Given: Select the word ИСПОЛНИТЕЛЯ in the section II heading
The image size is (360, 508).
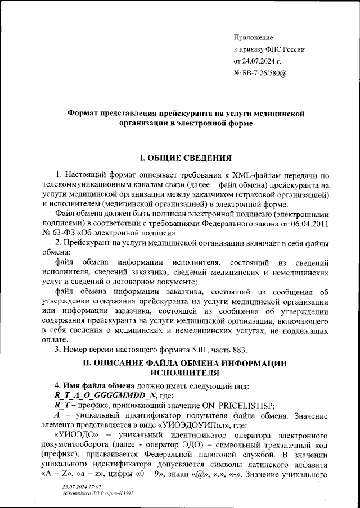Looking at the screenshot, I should (x=185, y=373).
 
